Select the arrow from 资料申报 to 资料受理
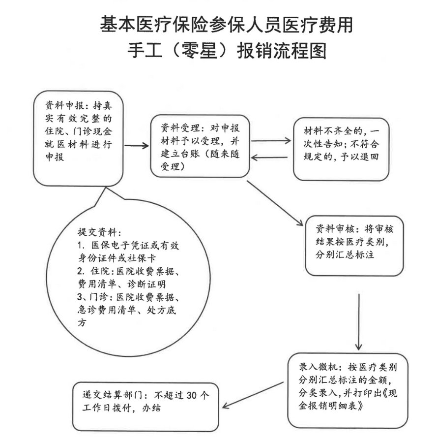tap(136, 146)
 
